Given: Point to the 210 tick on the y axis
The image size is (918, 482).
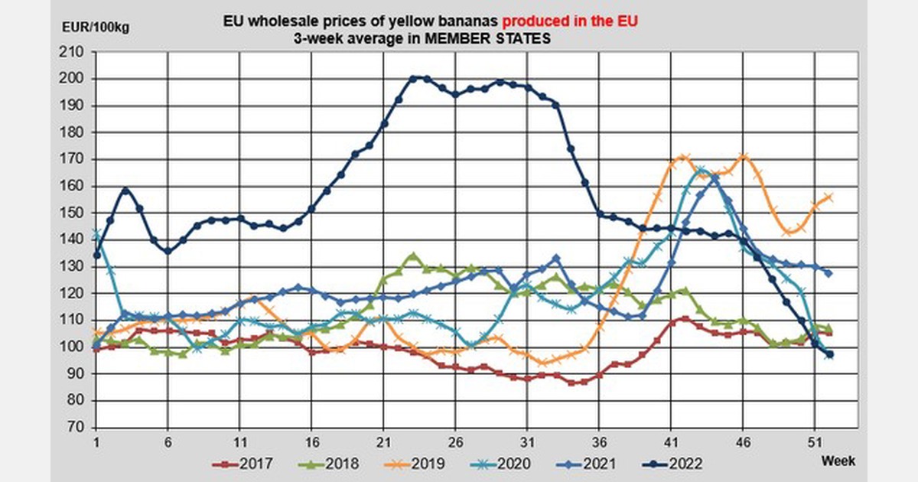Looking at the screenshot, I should pos(74,52).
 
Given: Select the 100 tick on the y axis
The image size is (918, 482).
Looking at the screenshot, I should pos(74,347).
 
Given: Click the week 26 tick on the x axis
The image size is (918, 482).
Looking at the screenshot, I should pos(455,441).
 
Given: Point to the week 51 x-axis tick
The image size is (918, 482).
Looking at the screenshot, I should pos(814,441).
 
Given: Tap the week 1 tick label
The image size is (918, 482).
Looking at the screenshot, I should pos(96,441).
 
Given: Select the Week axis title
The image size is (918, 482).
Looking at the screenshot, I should pos(839,461).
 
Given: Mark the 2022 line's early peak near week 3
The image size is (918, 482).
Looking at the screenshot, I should pos(125,190).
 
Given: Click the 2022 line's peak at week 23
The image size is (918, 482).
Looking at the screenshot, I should pos(413,78).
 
